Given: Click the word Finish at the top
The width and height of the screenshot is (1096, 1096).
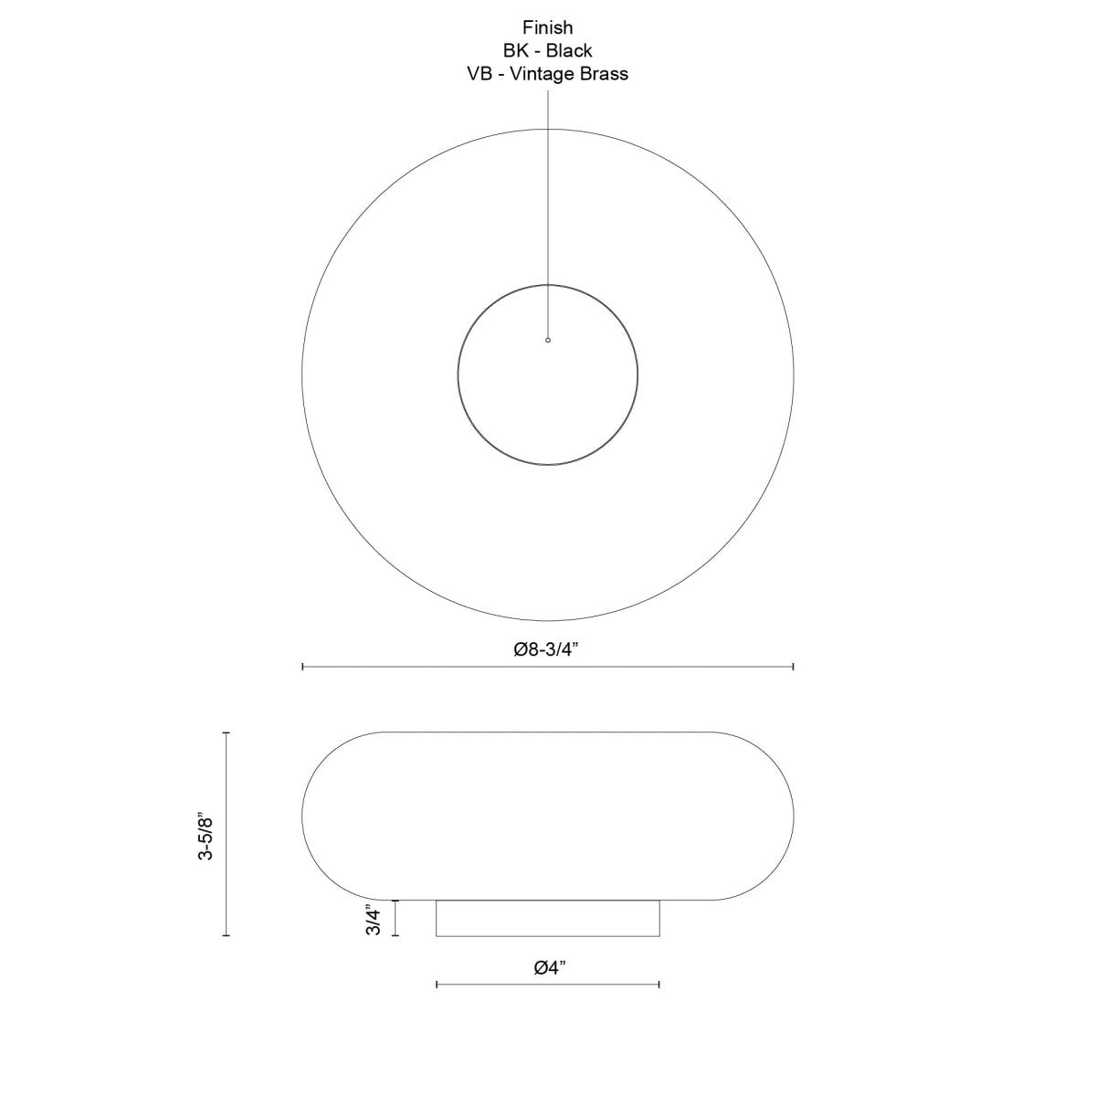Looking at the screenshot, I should click(x=548, y=28).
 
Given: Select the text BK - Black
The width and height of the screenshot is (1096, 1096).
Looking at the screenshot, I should click(x=548, y=51).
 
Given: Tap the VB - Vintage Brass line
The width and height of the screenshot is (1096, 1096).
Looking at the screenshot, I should click(x=548, y=75).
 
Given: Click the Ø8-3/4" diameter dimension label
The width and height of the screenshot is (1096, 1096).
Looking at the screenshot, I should click(x=548, y=649).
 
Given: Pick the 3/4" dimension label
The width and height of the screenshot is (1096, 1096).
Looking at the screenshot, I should click(x=373, y=919).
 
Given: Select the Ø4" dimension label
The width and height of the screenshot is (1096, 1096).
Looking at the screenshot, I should click(x=549, y=967).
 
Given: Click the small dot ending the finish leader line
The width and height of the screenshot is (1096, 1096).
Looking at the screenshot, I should click(x=548, y=340).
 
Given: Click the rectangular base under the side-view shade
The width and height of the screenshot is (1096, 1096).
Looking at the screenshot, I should click(x=548, y=918).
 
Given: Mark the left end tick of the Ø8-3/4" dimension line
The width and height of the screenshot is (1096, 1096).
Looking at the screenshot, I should click(x=302, y=668).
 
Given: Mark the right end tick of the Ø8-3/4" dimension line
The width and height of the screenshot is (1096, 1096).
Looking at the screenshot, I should click(x=793, y=668).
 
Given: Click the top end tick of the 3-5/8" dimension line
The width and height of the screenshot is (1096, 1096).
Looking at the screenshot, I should click(x=227, y=732).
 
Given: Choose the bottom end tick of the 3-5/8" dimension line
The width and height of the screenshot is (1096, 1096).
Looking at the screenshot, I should click(x=227, y=936).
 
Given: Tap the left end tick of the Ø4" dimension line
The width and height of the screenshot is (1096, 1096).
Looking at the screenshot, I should click(x=437, y=984).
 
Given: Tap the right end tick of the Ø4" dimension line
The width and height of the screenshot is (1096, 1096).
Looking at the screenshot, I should click(x=659, y=984).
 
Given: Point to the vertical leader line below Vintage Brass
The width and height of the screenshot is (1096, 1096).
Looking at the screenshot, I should click(x=548, y=210).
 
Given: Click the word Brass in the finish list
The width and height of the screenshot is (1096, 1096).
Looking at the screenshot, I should click(x=604, y=75).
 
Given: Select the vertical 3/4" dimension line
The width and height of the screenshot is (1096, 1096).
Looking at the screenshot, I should click(x=395, y=918).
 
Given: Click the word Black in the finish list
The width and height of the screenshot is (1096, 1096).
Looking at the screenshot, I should click(x=570, y=51).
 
